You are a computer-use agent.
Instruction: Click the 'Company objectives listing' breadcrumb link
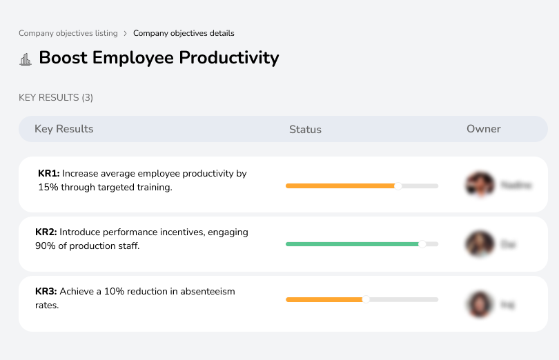(x=68, y=33)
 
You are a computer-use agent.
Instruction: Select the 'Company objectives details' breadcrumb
(x=184, y=33)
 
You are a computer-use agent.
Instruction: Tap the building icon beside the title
(x=26, y=59)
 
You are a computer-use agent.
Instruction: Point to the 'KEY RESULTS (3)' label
(x=56, y=98)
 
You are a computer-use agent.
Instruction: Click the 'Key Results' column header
(x=63, y=129)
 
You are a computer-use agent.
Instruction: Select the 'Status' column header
(x=305, y=130)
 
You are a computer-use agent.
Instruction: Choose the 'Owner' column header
(x=483, y=129)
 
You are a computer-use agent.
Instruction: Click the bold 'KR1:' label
(x=49, y=174)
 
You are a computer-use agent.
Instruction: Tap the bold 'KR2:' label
(x=46, y=232)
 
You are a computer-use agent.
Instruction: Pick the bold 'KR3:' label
(x=46, y=292)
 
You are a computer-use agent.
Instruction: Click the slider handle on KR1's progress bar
(x=398, y=186)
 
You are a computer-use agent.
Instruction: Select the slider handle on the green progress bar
(x=422, y=243)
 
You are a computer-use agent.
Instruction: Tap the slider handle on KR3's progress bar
(x=366, y=299)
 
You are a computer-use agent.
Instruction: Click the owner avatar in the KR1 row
(x=480, y=185)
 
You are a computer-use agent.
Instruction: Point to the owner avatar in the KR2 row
(x=480, y=244)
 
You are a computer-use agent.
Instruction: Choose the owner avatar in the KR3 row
(x=480, y=303)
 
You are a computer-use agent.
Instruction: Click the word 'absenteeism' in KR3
(x=208, y=292)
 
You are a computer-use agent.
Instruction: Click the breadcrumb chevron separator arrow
(x=125, y=33)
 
